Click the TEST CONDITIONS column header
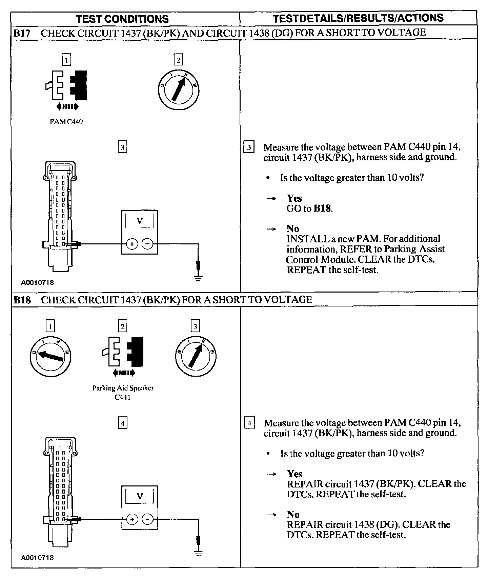click(x=122, y=19)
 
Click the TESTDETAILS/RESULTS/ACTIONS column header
click(x=358, y=18)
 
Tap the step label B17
click(x=22, y=33)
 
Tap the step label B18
click(x=22, y=300)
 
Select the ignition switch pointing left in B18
click(x=50, y=356)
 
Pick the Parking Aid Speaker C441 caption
click(x=123, y=392)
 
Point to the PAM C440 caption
click(x=66, y=121)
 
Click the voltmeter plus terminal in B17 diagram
click(x=132, y=244)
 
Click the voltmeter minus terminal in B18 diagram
click(x=147, y=519)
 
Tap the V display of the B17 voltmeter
click(x=139, y=221)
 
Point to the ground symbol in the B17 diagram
click(x=199, y=278)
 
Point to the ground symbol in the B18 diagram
click(x=199, y=554)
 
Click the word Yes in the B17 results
click(x=294, y=198)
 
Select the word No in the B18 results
click(x=293, y=514)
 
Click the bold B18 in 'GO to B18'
click(x=322, y=208)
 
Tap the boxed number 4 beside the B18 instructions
click(x=249, y=423)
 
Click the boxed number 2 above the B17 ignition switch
click(x=178, y=60)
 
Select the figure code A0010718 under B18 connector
click(x=37, y=557)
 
